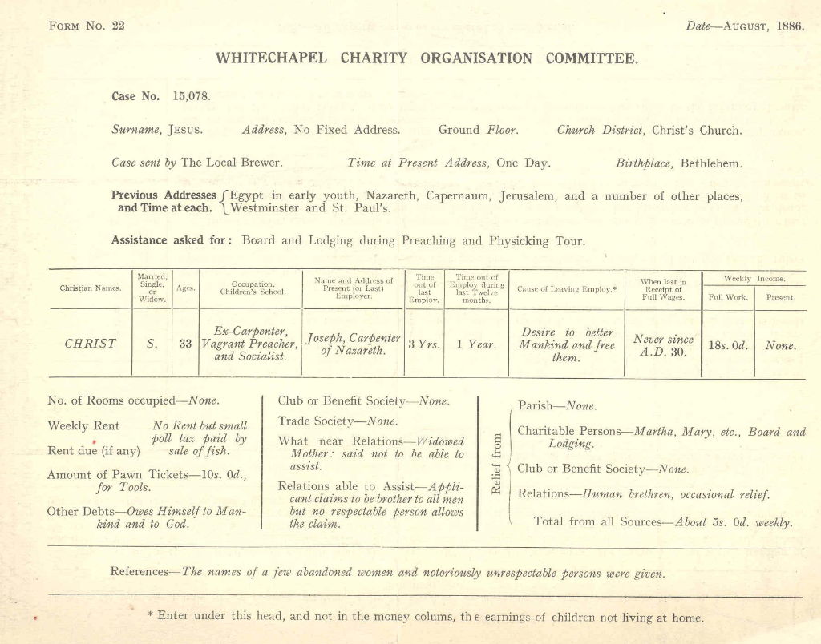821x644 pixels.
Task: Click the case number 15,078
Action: point(192,96)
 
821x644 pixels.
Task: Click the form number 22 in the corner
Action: point(117,26)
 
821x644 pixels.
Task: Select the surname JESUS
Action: point(185,129)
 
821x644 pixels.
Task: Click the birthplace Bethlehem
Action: point(711,163)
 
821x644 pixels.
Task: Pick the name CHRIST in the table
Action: point(90,344)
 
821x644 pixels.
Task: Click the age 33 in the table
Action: point(185,344)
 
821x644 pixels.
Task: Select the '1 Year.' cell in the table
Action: point(476,344)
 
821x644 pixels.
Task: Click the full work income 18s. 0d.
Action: point(728,346)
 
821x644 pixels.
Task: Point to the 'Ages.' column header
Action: point(185,288)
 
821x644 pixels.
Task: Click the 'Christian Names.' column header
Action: point(90,288)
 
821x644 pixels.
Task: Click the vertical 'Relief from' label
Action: point(496,464)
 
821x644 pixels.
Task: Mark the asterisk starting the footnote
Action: point(151,615)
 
